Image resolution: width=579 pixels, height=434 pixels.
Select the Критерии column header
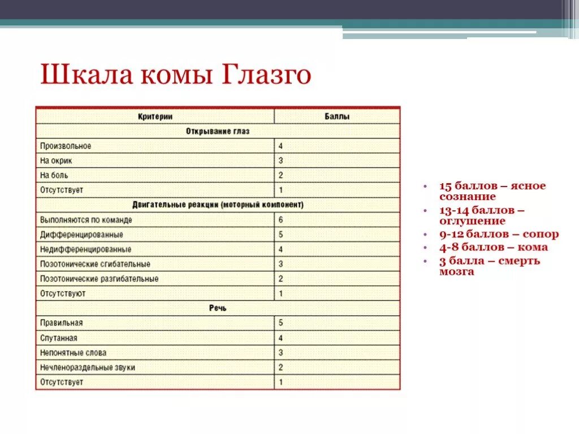[x=155, y=116]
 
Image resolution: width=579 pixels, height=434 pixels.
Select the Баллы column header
[x=337, y=116]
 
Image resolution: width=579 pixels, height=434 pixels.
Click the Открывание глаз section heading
[x=218, y=131]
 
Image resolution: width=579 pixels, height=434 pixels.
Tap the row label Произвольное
[x=66, y=146]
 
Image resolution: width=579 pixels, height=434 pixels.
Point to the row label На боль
[x=54, y=175]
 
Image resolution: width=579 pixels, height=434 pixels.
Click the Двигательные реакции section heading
[x=218, y=205]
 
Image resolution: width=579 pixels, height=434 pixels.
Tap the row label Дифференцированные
[x=81, y=234]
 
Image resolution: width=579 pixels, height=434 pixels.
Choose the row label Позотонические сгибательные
[x=95, y=264]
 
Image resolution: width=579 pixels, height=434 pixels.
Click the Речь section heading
[x=218, y=308]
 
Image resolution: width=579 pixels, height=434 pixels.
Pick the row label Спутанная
[x=59, y=338]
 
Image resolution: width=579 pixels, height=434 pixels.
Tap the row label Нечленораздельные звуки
[x=88, y=367]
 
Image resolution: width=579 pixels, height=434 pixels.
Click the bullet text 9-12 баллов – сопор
[x=499, y=234]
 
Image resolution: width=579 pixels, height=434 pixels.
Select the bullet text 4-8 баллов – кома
[x=493, y=247]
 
